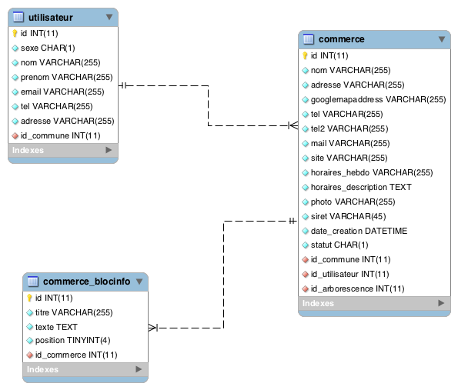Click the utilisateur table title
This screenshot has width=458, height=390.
coord(51,18)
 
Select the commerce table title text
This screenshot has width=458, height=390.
coord(342,39)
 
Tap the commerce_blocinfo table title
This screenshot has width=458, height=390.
coord(86,282)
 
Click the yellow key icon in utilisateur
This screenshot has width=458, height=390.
coord(15,33)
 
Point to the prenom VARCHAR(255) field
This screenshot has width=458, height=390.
coord(67,77)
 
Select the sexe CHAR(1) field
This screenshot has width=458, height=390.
coord(48,48)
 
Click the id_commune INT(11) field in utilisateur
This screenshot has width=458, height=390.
coord(61,135)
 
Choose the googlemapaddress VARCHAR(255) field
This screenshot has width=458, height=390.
coord(378,99)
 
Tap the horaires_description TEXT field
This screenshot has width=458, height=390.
coord(361,187)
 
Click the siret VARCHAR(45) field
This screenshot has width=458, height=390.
coord(348,216)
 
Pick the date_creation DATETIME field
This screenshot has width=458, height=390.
coord(359,231)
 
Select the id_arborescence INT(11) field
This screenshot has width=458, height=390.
coord(357,288)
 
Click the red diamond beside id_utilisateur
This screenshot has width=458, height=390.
coord(306,274)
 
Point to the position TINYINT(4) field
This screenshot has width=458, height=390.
coord(72,340)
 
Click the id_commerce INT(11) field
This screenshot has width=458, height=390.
coord(76,355)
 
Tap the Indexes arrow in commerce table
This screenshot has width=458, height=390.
coord(441,303)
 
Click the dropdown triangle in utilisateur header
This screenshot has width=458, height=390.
coord(109,17)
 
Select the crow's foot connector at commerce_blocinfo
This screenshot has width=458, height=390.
coord(153,328)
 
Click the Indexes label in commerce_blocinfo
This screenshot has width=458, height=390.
coord(42,369)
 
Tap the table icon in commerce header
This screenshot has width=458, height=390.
coord(309,39)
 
